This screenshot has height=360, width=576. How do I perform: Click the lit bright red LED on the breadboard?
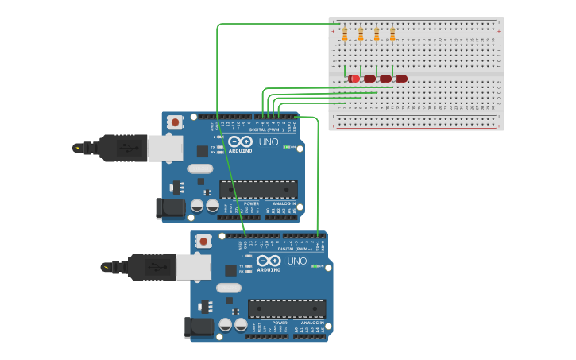click(354, 79)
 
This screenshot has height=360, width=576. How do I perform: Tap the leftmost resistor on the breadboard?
click(345, 33)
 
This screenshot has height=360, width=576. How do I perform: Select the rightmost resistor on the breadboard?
click(392, 33)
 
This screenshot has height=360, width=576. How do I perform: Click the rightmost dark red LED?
click(401, 79)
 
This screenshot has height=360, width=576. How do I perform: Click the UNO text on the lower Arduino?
click(296, 261)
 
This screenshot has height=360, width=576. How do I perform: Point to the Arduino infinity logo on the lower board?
click(268, 261)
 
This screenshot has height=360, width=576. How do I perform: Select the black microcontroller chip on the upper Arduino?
click(259, 190)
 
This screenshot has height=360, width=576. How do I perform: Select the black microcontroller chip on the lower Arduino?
click(287, 308)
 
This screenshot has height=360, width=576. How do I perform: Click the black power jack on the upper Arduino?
click(170, 208)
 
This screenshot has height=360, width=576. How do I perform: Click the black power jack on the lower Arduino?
click(199, 327)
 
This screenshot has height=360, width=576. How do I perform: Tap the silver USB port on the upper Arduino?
click(164, 148)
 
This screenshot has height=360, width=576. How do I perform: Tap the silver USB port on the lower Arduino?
click(193, 267)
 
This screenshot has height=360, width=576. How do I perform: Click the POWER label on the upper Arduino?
click(251, 203)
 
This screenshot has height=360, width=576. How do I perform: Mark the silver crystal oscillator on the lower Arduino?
click(228, 288)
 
